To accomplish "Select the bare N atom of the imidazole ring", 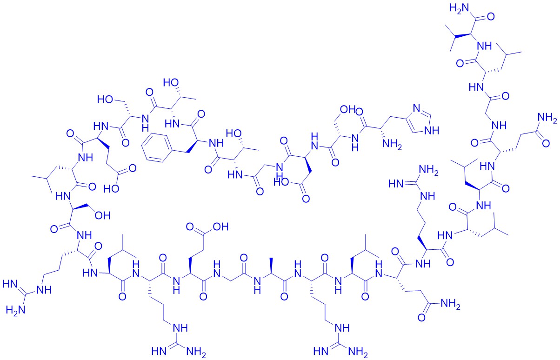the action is pyautogui.click(x=416, y=108).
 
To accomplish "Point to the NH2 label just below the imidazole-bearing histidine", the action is pyautogui.click(x=391, y=145).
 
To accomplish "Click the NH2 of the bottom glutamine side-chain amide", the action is pyautogui.click(x=451, y=305).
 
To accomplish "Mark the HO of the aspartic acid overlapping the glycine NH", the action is pyautogui.click(x=281, y=182).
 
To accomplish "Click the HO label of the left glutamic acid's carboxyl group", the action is pyautogui.click(x=112, y=189).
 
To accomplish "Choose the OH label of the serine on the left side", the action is pyautogui.click(x=102, y=215).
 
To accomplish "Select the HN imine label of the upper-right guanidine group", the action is pyautogui.click(x=396, y=184).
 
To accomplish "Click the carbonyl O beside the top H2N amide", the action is pyautogui.click(x=491, y=17).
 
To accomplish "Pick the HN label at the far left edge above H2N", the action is pyautogui.click(x=10, y=284).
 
